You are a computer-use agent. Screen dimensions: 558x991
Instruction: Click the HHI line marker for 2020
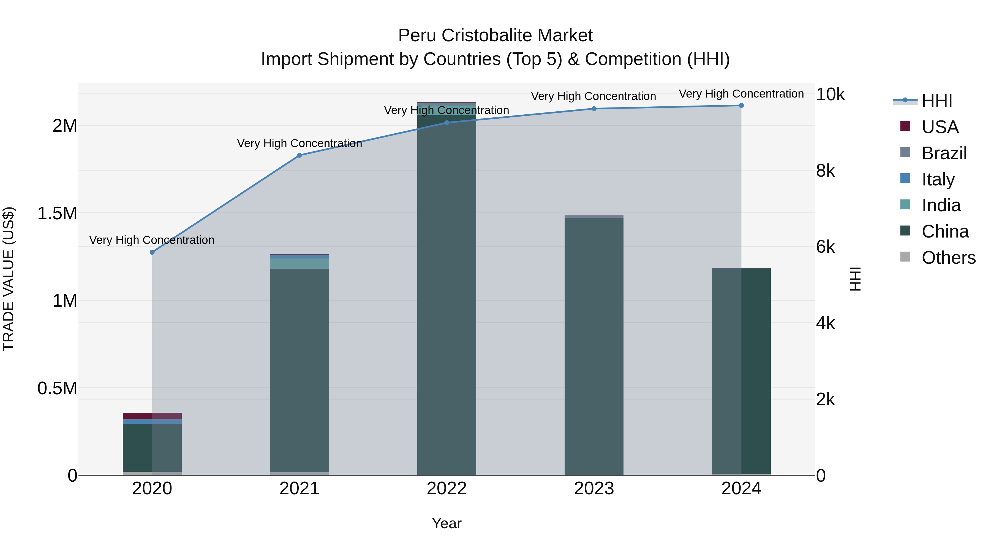pyautogui.click(x=152, y=252)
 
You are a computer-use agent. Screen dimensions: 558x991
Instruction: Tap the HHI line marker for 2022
pyautogui.click(x=447, y=123)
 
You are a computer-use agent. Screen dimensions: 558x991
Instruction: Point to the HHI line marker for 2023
pyautogui.click(x=594, y=109)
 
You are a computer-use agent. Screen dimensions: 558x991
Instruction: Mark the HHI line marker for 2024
pyautogui.click(x=741, y=106)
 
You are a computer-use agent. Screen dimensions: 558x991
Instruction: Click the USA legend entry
pyautogui.click(x=940, y=127)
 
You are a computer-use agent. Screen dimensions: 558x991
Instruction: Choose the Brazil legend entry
pyautogui.click(x=944, y=153)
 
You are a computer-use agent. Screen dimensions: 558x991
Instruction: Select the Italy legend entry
pyautogui.click(x=938, y=179)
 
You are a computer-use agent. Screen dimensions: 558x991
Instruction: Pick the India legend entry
pyautogui.click(x=941, y=205)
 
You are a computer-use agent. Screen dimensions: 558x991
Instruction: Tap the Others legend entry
pyautogui.click(x=948, y=258)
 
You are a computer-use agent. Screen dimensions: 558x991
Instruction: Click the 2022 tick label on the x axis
pyautogui.click(x=447, y=489)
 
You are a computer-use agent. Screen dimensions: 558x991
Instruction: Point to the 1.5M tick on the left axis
pyautogui.click(x=57, y=213)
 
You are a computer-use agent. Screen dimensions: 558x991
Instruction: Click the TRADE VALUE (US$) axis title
pyautogui.click(x=9, y=279)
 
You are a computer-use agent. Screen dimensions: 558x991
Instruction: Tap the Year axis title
pyautogui.click(x=447, y=523)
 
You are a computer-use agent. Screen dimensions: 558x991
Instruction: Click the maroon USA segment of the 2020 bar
pyautogui.click(x=152, y=416)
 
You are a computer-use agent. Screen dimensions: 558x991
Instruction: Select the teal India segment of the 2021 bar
pyautogui.click(x=299, y=263)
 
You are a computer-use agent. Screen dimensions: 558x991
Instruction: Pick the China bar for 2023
pyautogui.click(x=594, y=347)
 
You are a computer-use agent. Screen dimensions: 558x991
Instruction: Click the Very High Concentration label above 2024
pyautogui.click(x=741, y=94)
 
